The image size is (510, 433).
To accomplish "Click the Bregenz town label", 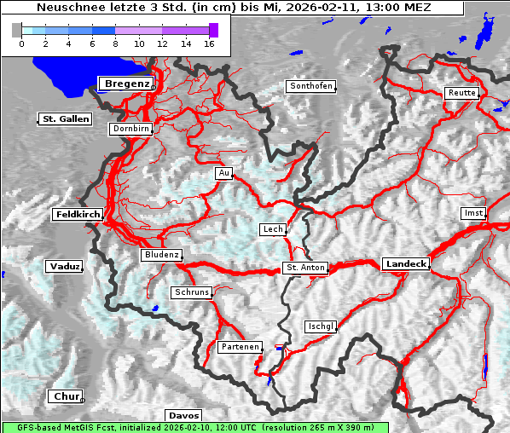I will coord(127,84).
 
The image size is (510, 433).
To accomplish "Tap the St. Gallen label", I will coord(66,118).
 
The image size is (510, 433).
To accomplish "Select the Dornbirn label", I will coord(131,129).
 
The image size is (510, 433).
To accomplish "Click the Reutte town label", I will coord(461,93).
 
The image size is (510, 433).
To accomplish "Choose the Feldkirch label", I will coord(78,214).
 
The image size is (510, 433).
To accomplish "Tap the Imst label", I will coord(472,212).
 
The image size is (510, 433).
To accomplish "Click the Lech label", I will coord(273,229).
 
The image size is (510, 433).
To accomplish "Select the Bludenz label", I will coord(162,255).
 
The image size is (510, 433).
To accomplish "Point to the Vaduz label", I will coord(65,267).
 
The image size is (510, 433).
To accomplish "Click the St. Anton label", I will coord(305,268).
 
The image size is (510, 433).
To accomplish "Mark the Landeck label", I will coord(406,264).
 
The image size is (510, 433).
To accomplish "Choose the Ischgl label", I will coord(322,326).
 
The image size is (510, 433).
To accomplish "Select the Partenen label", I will coord(239,347).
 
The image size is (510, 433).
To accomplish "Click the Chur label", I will coord(65,396).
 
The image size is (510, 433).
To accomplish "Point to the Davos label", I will coord(183,415).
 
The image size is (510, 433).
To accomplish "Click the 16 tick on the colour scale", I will coord(209,43).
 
